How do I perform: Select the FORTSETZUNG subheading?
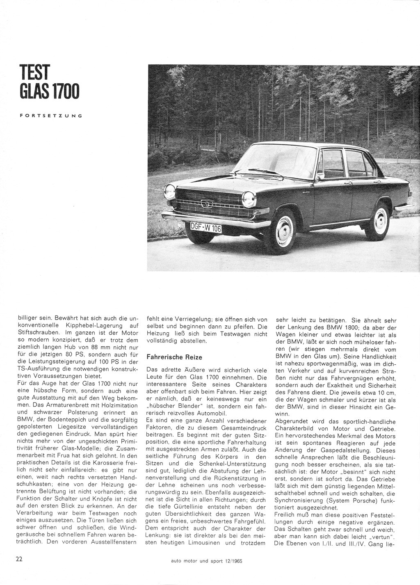coord(51,116)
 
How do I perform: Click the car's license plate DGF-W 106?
coord(206,226)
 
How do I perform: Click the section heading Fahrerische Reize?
coord(174,357)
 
